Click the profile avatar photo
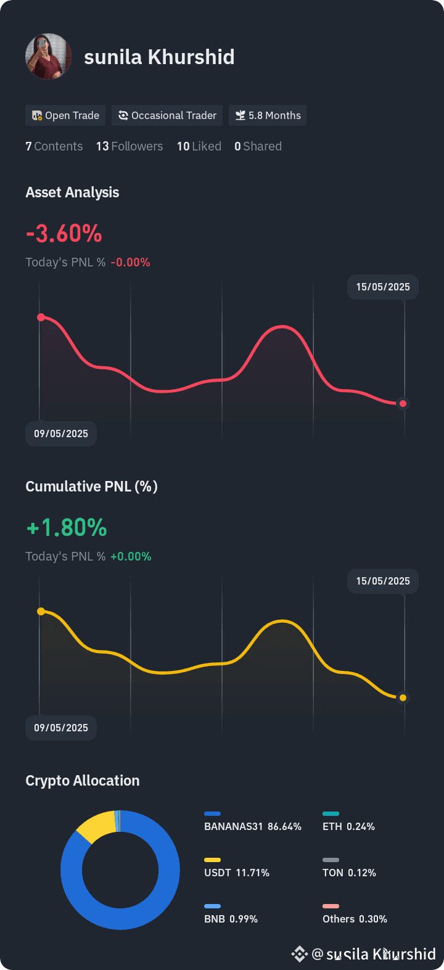coord(49,56)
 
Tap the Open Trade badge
coord(65,115)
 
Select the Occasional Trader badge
coord(167,115)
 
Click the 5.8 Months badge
coord(268,115)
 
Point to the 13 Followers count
coord(129,146)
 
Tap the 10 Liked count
coord(199,146)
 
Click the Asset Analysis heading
coord(72,192)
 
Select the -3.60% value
coord(64,234)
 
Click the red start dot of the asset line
coord(41,318)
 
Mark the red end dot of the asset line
coord(403,403)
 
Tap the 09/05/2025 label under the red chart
coord(61,434)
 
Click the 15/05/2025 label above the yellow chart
coord(383,581)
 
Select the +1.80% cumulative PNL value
coord(67,527)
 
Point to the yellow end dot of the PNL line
coord(403,697)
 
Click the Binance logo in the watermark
coord(299,953)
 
